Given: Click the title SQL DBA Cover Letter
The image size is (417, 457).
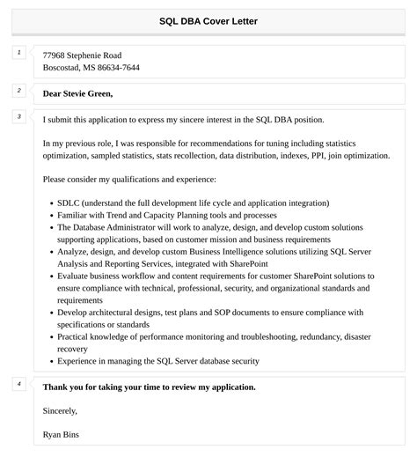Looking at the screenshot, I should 208,20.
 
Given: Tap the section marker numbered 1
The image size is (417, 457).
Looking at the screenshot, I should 18,53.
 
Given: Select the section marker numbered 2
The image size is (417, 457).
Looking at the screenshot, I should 18,90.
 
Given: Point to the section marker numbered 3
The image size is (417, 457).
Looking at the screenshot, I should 18,116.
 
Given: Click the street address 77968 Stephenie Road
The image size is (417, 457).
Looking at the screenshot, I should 82,55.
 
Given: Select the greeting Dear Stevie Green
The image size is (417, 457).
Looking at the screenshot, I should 77,93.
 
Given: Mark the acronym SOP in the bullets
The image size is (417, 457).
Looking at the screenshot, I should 216,313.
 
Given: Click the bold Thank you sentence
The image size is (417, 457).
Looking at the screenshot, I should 149,387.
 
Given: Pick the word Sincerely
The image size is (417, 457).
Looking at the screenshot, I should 60,410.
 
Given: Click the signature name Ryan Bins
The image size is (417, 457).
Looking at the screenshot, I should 64,434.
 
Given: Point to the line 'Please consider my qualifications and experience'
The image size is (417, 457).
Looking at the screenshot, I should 135,179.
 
